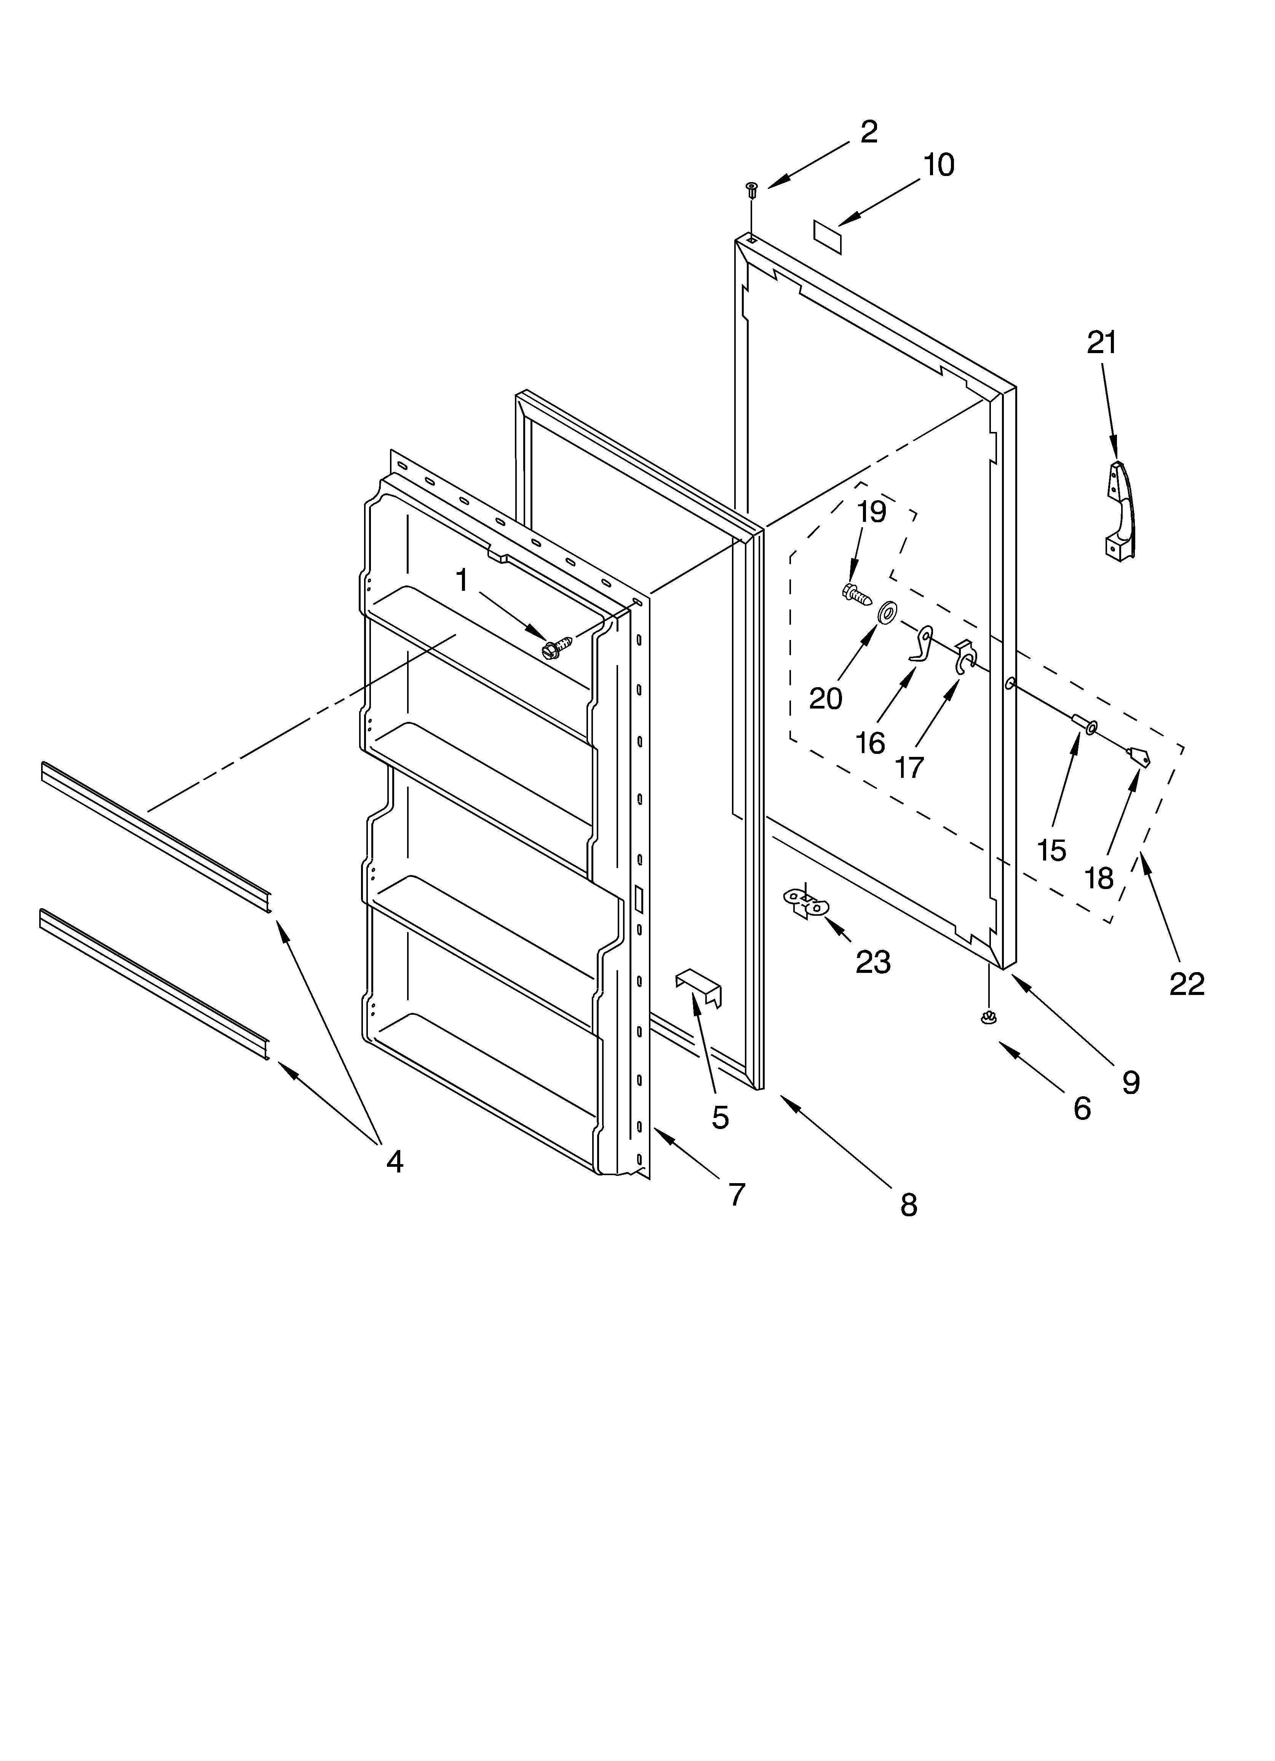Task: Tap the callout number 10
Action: (939, 165)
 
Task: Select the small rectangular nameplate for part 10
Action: (828, 235)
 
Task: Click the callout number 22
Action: (1187, 984)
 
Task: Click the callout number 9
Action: (1131, 1081)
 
